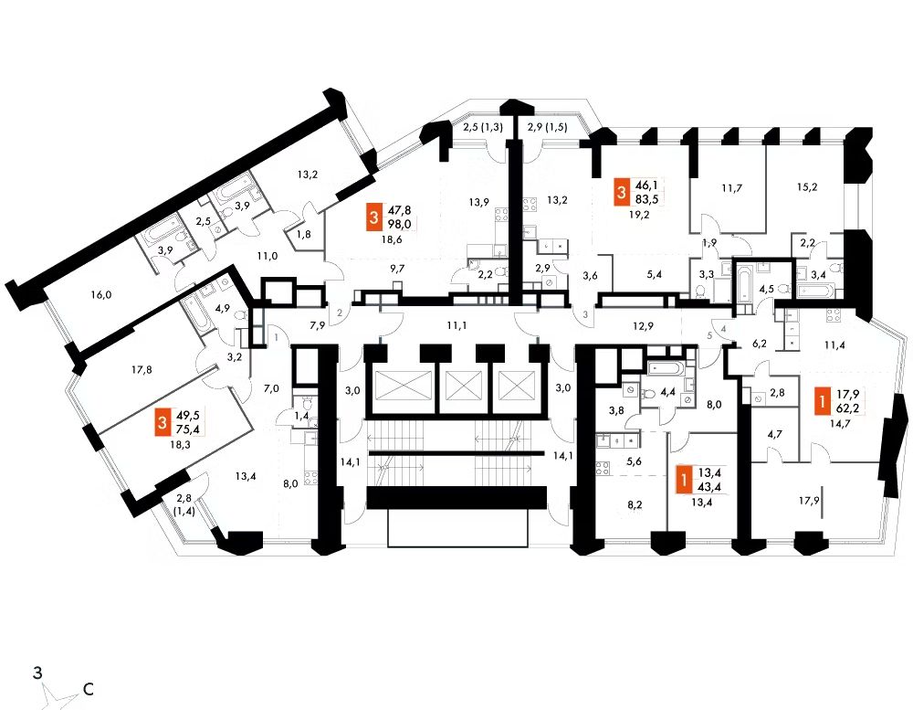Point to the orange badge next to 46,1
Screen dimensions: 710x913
pyautogui.click(x=622, y=192)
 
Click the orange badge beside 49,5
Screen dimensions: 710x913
pyautogui.click(x=163, y=424)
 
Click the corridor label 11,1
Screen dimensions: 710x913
pyautogui.click(x=457, y=325)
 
